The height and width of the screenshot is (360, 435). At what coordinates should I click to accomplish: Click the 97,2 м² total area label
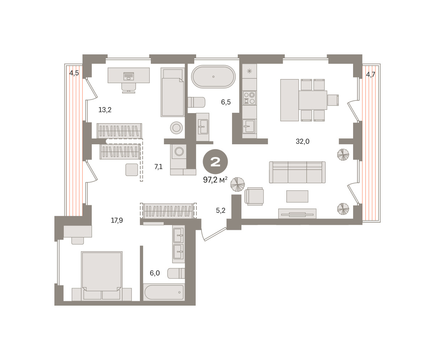[215, 179]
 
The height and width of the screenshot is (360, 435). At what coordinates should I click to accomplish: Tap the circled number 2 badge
[215, 162]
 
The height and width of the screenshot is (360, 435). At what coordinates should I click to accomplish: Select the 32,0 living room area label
[302, 141]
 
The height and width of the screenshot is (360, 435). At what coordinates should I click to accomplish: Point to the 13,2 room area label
[105, 109]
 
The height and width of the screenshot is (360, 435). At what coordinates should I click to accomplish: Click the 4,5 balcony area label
[74, 73]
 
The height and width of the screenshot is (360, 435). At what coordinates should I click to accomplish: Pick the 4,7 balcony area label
[370, 74]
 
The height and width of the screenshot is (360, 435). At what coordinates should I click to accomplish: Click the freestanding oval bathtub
[214, 76]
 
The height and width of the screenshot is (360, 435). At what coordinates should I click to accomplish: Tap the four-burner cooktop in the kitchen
[249, 98]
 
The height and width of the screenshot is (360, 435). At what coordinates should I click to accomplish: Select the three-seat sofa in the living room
[297, 172]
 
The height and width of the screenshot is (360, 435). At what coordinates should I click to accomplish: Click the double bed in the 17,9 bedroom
[101, 276]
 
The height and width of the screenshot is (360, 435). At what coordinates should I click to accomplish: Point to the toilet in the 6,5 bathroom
[196, 102]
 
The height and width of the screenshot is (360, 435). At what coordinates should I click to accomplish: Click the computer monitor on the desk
[129, 76]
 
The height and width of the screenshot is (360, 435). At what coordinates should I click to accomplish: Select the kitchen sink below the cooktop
[249, 126]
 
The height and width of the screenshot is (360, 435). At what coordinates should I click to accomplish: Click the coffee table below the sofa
[297, 196]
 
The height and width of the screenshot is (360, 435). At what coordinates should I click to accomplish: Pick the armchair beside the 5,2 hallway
[254, 196]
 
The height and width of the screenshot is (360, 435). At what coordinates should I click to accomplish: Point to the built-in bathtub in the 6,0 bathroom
[164, 292]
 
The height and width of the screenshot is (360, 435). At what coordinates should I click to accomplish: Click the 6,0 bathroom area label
[155, 273]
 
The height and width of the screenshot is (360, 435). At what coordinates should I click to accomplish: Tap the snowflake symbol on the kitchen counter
[249, 71]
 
